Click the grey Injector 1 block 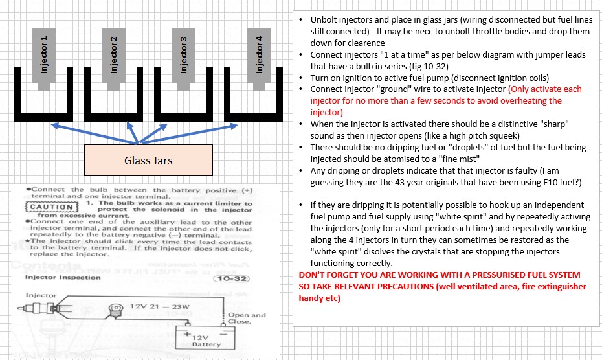coord(44,55)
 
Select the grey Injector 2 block coord(114,55)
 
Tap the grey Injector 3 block coord(184,55)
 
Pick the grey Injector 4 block coord(259,55)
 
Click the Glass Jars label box coord(148,160)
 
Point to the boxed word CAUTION coord(48,208)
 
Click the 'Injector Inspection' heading coord(63,278)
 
